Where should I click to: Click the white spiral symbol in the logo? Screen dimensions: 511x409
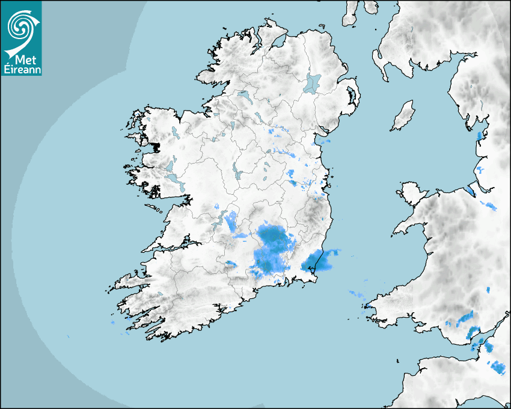click(x=20, y=25)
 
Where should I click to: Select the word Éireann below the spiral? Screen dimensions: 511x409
click(x=21, y=69)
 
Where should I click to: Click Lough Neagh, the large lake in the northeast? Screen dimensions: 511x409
click(x=313, y=82)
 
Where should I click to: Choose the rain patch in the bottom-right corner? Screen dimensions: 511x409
click(x=498, y=366)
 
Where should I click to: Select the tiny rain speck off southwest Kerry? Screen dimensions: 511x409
click(x=112, y=323)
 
